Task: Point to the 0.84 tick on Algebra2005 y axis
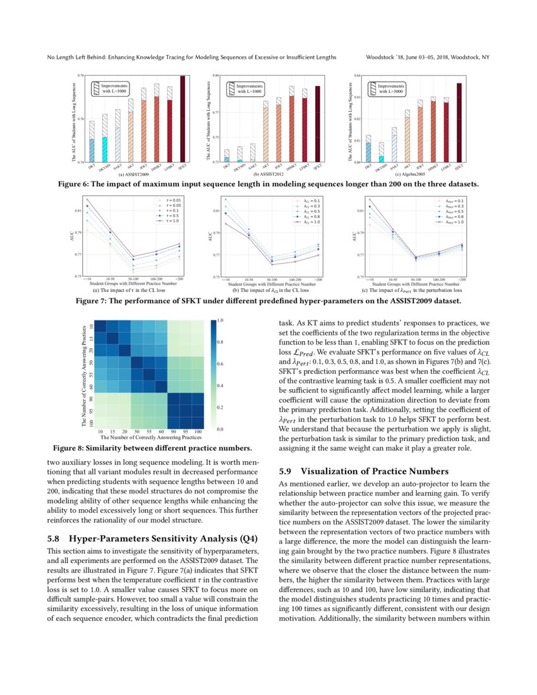coord(357,75)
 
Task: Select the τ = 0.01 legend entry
coord(171,200)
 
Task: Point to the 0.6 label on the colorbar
coord(219,364)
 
